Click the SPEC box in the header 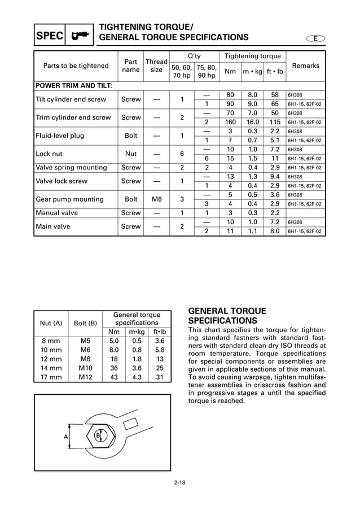(50, 36)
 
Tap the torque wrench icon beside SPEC (80, 36)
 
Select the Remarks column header (306, 66)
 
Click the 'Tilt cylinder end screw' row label (71, 99)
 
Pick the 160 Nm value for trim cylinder (230, 122)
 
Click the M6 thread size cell (156, 199)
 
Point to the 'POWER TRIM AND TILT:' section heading (74, 86)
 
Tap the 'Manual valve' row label (56, 213)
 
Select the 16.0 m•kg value (253, 122)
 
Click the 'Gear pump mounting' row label (69, 199)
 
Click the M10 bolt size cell (85, 368)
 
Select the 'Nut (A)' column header (51, 323)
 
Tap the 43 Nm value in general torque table (113, 377)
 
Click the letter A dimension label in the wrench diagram (66, 437)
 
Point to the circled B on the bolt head (98, 436)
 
